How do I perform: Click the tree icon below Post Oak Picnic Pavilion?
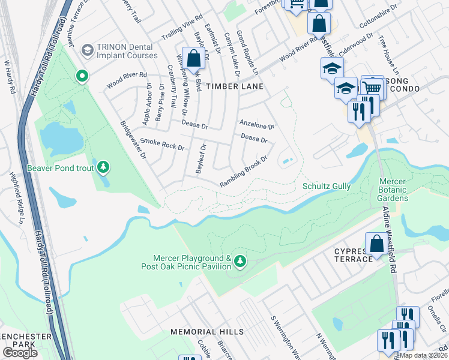[240, 260]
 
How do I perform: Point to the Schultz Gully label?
[327, 186]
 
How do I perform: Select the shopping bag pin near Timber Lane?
[193, 59]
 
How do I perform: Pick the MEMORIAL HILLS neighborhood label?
[207, 331]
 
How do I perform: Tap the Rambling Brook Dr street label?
[243, 172]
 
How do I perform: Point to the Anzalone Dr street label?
[256, 125]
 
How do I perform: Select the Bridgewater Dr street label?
[134, 139]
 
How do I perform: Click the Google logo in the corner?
[20, 353]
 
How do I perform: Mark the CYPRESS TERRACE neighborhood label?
[354, 254]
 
